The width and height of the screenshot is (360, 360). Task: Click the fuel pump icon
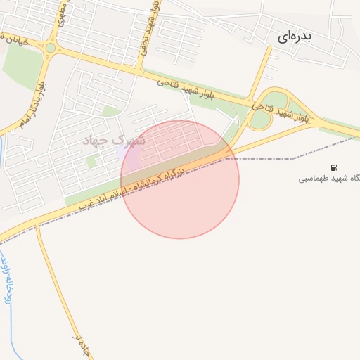[x=333, y=167]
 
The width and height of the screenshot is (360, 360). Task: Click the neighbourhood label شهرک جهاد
[x=114, y=141]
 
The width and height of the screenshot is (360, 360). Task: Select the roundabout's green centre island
[x=51, y=48]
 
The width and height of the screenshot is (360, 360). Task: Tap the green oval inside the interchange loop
[x=276, y=101]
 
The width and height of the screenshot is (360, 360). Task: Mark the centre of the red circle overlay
[x=180, y=179]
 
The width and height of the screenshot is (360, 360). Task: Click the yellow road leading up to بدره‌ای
[x=261, y=70]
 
